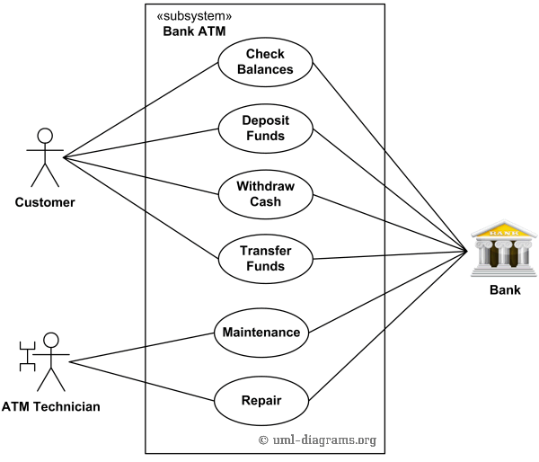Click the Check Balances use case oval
[x=265, y=62]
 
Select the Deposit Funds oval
[x=265, y=128]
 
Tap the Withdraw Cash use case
[x=265, y=194]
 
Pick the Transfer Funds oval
[x=265, y=259]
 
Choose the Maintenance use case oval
[x=261, y=332]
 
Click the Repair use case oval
[x=261, y=399]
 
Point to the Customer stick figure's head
[x=42, y=137]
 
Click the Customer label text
[x=45, y=202]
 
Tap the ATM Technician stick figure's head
[x=51, y=341]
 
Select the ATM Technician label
[x=51, y=407]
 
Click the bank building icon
[x=504, y=245]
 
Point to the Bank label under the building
[x=504, y=290]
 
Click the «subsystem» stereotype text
[x=194, y=16]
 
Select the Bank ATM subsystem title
[x=194, y=31]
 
